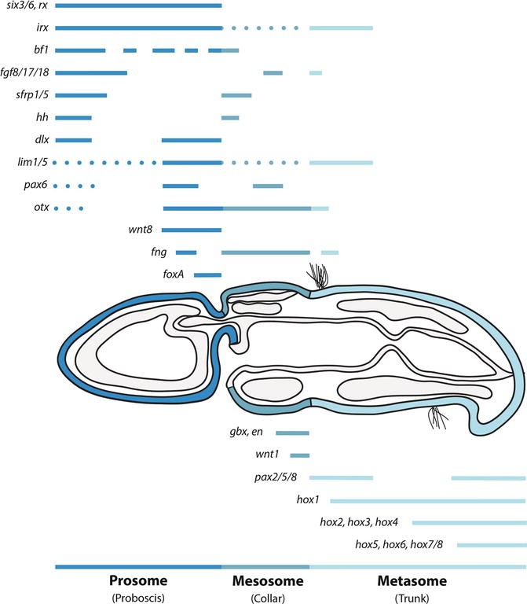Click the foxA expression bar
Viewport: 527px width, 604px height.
pyautogui.click(x=207, y=275)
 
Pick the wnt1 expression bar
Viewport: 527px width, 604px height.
pyautogui.click(x=300, y=455)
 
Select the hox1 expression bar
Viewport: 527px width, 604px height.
pyautogui.click(x=427, y=500)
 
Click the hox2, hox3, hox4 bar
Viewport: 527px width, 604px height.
pyautogui.click(x=468, y=522)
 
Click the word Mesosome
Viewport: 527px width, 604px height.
pyautogui.click(x=265, y=582)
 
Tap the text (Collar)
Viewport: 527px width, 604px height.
pyautogui.click(x=265, y=597)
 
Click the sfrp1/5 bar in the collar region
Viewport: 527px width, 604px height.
pyautogui.click(x=236, y=96)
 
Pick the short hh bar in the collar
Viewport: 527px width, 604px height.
pyautogui.click(x=230, y=118)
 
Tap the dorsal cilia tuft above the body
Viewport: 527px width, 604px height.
pyautogui.click(x=317, y=275)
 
